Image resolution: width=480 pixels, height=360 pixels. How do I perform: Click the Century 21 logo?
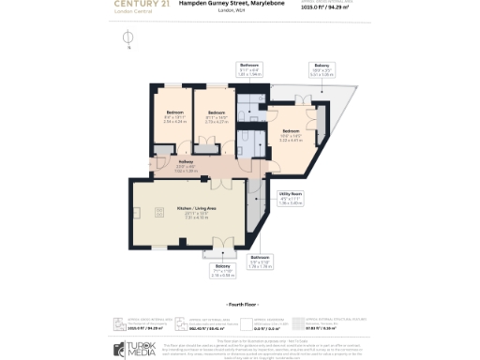[142, 5]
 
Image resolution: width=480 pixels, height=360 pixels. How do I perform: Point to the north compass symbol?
[128, 37]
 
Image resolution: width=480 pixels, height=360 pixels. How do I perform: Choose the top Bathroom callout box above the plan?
[250, 68]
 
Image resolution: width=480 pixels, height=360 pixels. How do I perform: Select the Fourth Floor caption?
[242, 306]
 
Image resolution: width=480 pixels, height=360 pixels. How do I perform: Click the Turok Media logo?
[136, 348]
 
